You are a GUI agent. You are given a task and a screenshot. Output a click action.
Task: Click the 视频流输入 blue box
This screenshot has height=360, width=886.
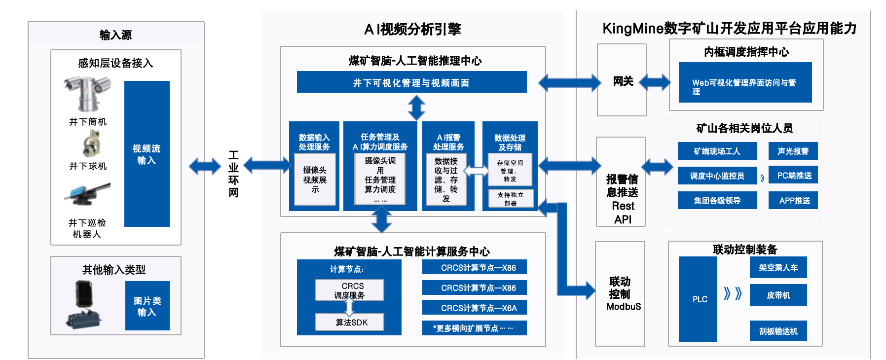[x=147, y=154]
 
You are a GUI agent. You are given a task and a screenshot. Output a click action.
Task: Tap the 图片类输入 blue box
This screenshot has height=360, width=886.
[x=147, y=306]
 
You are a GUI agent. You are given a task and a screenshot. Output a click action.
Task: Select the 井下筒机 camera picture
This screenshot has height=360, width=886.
[x=87, y=94]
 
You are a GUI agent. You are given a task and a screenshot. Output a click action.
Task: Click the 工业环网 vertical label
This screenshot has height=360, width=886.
[x=233, y=174]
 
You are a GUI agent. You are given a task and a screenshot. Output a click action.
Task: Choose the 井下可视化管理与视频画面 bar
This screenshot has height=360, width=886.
[x=411, y=82]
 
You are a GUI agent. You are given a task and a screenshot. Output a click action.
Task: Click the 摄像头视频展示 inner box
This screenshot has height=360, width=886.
[x=315, y=179]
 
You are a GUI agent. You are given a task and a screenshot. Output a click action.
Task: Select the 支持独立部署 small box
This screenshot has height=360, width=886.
[x=510, y=198]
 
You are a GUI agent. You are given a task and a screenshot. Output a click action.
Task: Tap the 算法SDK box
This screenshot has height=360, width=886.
[x=350, y=322]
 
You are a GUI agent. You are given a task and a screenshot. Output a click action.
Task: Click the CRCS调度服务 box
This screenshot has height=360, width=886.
[x=350, y=290]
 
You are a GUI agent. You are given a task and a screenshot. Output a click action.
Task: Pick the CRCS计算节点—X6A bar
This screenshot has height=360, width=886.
[x=475, y=308]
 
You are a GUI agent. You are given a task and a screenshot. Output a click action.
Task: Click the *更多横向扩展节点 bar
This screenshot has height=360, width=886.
[x=475, y=328]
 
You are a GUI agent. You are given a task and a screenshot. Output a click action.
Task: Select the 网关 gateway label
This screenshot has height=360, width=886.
[x=623, y=81]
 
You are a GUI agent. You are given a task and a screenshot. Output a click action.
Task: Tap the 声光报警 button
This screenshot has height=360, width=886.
[x=793, y=151]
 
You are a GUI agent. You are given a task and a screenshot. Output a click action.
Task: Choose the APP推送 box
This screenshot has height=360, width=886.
[x=793, y=200]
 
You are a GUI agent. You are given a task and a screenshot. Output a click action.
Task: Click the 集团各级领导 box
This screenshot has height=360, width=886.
[x=717, y=200]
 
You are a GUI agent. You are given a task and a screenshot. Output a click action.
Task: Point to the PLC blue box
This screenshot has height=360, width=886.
[x=698, y=299]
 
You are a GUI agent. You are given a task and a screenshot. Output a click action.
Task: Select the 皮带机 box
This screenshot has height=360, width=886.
[x=778, y=295]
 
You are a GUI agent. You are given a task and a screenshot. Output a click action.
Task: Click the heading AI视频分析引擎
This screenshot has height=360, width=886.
[x=412, y=30]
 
